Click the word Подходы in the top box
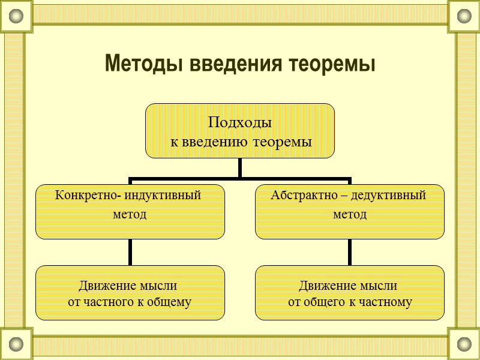(239, 123)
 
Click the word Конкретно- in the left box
(82, 195)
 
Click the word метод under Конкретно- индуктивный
(130, 214)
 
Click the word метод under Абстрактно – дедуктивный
(350, 214)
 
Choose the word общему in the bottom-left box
(170, 302)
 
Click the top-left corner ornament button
(16, 16)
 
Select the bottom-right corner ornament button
(464, 344)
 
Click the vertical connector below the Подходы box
(240, 168)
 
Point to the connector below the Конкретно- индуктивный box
(130, 252)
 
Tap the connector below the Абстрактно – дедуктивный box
(350, 252)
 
